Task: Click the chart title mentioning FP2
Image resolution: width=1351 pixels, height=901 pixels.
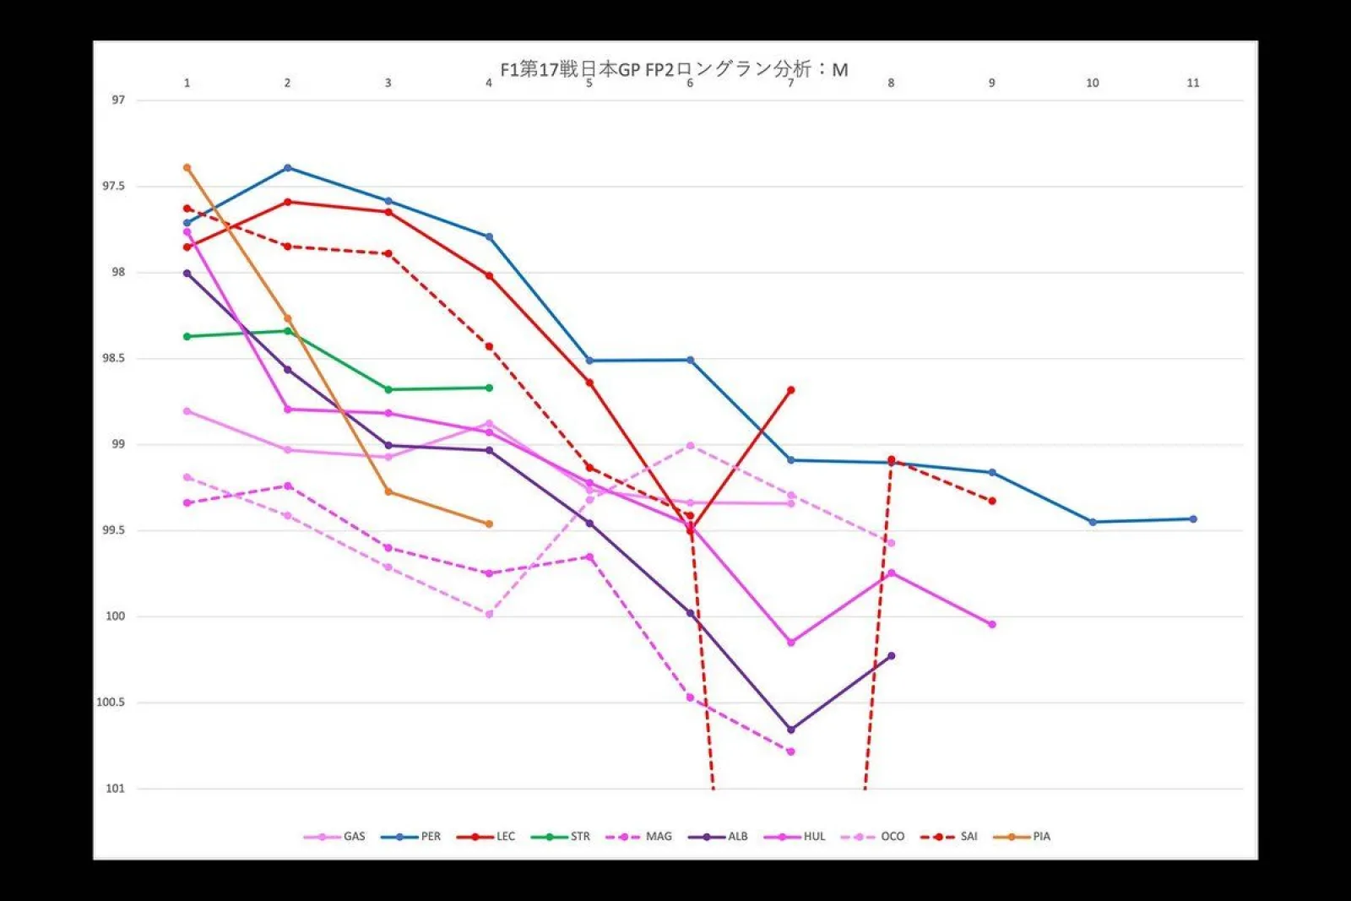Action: pyautogui.click(x=674, y=69)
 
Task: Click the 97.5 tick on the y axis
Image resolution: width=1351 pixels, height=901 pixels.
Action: pyautogui.click(x=113, y=186)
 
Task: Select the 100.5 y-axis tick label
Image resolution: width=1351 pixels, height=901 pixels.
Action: pyautogui.click(x=110, y=703)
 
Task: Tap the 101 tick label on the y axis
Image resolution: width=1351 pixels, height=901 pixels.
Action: pyautogui.click(x=114, y=789)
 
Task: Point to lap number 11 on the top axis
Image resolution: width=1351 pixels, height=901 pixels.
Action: pyautogui.click(x=1192, y=83)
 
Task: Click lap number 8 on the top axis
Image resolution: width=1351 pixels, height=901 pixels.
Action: pyautogui.click(x=891, y=83)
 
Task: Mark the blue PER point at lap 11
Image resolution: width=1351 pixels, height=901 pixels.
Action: pyautogui.click(x=1193, y=519)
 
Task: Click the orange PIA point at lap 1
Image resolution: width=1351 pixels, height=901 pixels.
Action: pyautogui.click(x=187, y=167)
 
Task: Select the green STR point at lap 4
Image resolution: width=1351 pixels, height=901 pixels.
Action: pyautogui.click(x=489, y=388)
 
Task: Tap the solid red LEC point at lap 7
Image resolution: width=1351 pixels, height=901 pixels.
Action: pyautogui.click(x=791, y=390)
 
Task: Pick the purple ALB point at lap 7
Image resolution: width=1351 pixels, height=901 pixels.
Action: pyautogui.click(x=791, y=730)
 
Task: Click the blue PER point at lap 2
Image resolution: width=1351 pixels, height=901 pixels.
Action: pyautogui.click(x=288, y=167)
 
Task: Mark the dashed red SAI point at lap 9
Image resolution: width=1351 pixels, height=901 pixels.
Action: pyautogui.click(x=992, y=501)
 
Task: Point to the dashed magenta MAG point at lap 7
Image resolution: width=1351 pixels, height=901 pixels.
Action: pyautogui.click(x=791, y=752)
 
